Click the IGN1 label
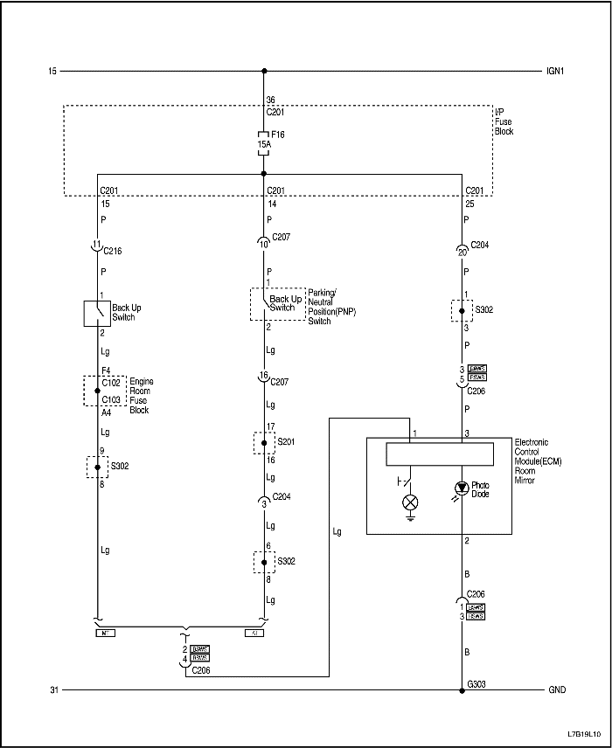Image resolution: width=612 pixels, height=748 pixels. click(x=555, y=71)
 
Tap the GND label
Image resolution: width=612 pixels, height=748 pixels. click(x=557, y=689)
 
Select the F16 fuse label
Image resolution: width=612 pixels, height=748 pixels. click(x=279, y=135)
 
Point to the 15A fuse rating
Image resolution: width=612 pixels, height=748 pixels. click(x=263, y=144)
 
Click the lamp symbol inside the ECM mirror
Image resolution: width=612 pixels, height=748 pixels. click(x=409, y=502)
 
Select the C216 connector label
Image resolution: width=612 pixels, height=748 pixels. click(x=113, y=251)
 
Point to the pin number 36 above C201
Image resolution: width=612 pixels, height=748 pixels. click(x=270, y=100)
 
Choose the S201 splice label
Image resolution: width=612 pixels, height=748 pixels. click(x=286, y=442)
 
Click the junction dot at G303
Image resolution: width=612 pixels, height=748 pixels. click(x=462, y=690)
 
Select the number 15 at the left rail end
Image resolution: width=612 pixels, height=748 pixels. click(x=52, y=71)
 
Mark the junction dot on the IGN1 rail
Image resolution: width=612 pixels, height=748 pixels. click(x=264, y=71)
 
